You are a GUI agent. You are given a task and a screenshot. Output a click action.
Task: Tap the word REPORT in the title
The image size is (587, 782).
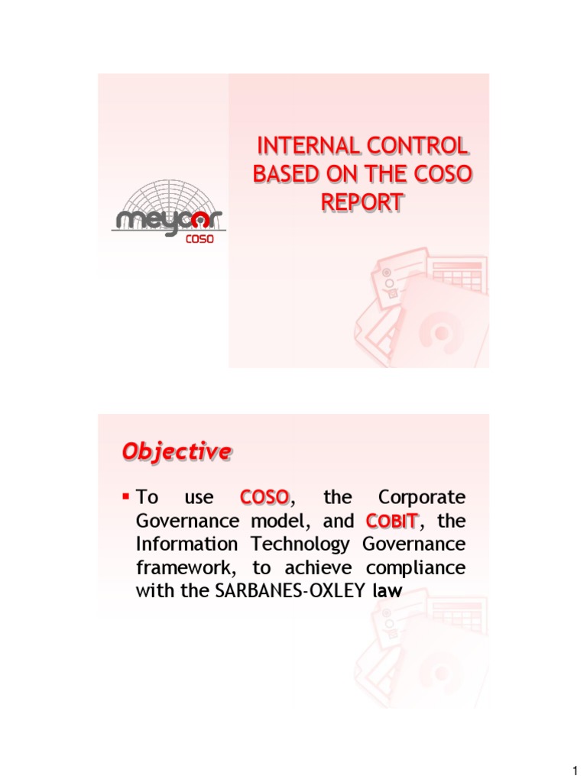pyautogui.click(x=361, y=202)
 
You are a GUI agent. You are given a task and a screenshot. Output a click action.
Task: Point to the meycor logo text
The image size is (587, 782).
pyautogui.click(x=169, y=220)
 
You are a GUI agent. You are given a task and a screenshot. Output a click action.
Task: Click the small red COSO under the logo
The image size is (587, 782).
pyautogui.click(x=200, y=238)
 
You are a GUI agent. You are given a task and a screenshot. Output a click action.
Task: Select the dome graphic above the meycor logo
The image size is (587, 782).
pyautogui.click(x=169, y=194)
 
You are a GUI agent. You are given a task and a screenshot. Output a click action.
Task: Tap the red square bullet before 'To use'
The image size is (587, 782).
pyautogui.click(x=126, y=496)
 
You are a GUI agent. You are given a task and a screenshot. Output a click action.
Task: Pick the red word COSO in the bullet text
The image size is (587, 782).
pyautogui.click(x=264, y=498)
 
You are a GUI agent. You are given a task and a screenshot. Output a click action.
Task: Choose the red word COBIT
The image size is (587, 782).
pyautogui.click(x=391, y=521)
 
